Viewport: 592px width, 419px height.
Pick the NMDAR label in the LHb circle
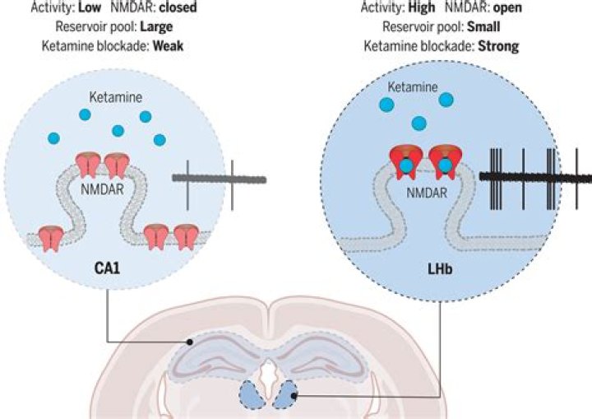(x=427, y=194)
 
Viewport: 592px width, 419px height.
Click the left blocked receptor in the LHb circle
(x=407, y=161)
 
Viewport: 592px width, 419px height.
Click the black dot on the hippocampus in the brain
(x=190, y=342)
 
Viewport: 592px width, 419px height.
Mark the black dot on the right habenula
(x=292, y=397)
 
